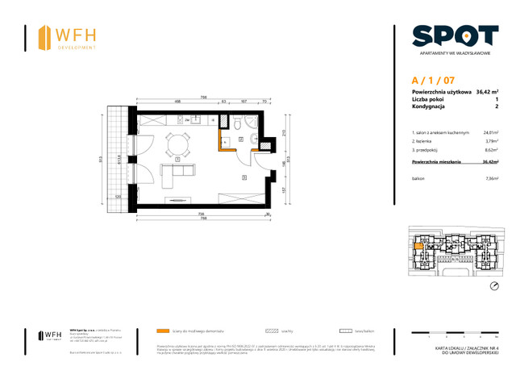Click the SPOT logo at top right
pos(455,36)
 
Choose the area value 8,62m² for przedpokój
pos(490,151)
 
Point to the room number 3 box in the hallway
pos(244,177)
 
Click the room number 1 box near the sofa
pos(177,160)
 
